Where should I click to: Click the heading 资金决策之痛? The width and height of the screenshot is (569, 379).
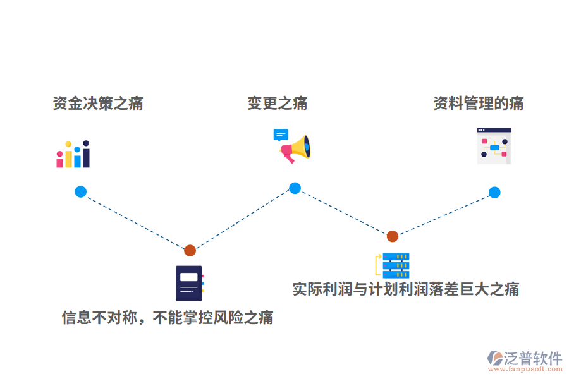tap(98, 104)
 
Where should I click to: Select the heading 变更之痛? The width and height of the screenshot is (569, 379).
tap(278, 104)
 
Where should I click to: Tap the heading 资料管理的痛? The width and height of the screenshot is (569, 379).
tap(478, 104)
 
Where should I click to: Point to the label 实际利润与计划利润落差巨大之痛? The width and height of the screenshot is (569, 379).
tap(406, 289)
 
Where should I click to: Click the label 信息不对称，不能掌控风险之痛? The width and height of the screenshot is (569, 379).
tap(168, 317)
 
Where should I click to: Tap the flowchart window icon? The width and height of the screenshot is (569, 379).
tap(494, 146)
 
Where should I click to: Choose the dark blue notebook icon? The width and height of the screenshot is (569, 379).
tap(189, 283)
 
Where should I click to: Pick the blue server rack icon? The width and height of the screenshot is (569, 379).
tap(395, 266)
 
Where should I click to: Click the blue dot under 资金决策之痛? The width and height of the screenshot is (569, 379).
tap(80, 191)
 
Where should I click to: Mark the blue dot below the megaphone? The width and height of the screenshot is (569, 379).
tap(295, 188)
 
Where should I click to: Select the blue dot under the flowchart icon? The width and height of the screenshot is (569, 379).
tap(494, 193)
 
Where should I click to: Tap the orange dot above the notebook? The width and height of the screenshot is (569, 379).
tap(190, 250)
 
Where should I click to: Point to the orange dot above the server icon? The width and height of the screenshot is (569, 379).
tap(393, 236)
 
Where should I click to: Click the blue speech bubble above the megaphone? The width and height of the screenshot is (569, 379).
tap(281, 135)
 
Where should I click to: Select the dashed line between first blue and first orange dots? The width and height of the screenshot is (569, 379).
tap(135, 221)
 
